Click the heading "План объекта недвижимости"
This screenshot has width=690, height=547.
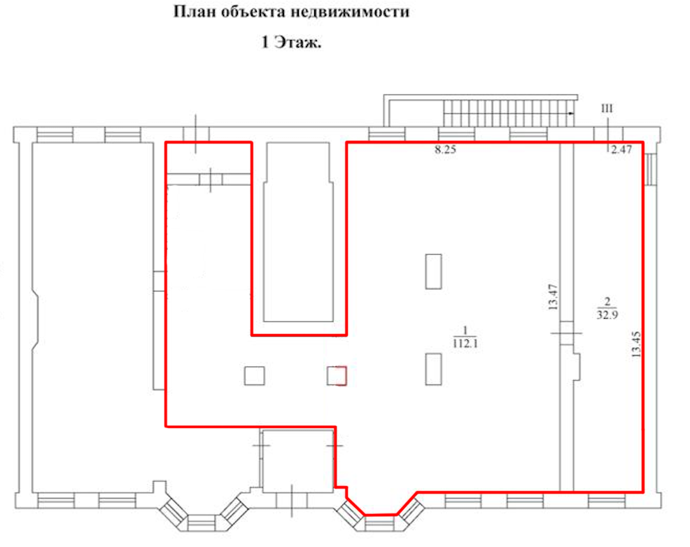tap(291, 12)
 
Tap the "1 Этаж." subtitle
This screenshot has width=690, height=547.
tap(291, 42)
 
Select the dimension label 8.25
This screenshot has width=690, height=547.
tap(445, 149)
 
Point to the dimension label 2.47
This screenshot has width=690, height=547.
tap(621, 149)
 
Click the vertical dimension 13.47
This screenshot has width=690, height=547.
tap(553, 297)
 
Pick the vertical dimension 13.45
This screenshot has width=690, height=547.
tap(636, 344)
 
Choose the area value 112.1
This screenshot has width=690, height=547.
tap(465, 343)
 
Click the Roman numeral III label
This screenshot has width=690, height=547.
tap(607, 109)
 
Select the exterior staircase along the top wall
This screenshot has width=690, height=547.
tap(509, 113)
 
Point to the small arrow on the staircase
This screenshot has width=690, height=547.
tap(570, 113)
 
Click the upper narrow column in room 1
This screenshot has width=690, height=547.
tap(433, 271)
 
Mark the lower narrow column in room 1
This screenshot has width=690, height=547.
tap(433, 369)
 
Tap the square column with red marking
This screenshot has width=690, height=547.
tap(337, 375)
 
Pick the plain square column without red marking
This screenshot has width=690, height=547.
tap(255, 375)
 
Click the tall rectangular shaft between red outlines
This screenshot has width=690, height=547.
tap(298, 232)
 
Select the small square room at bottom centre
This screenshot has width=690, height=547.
tap(297, 461)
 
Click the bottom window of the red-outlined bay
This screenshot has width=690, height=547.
tap(380, 524)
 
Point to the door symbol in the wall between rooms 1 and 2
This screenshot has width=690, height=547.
tap(567, 333)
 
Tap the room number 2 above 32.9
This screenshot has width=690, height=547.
tap(607, 302)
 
